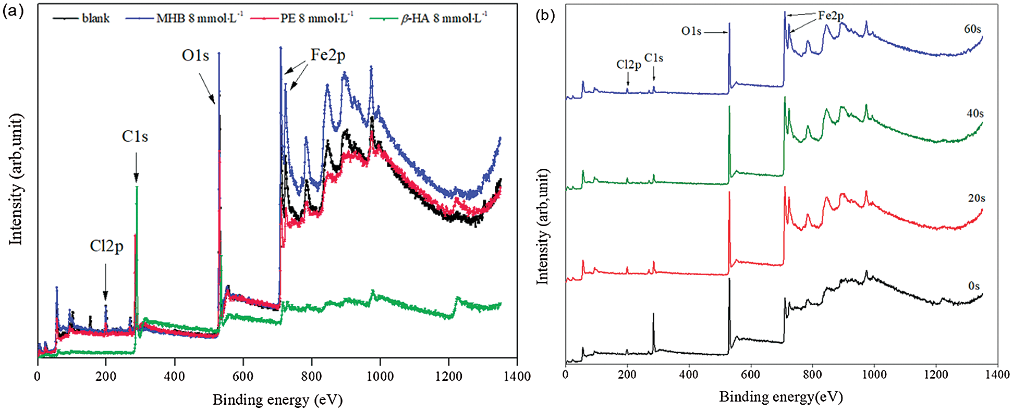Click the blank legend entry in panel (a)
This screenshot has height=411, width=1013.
95,18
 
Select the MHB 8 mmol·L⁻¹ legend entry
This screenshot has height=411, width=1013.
199,18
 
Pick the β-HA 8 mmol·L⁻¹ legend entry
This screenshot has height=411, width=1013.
444,18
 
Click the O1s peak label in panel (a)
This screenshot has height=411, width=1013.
196,55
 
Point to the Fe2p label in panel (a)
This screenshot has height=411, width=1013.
328,55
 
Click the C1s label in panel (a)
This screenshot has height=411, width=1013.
135,136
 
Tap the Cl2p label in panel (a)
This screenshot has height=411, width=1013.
106,245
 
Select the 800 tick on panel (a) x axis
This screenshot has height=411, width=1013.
312,376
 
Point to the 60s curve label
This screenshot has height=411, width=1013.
972,29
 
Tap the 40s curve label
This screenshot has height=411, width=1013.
975,114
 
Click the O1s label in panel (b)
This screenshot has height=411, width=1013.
691,31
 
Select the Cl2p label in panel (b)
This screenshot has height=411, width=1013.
628,65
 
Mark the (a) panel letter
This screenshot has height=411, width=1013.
13,11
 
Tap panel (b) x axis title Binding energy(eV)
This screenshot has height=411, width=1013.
780,397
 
